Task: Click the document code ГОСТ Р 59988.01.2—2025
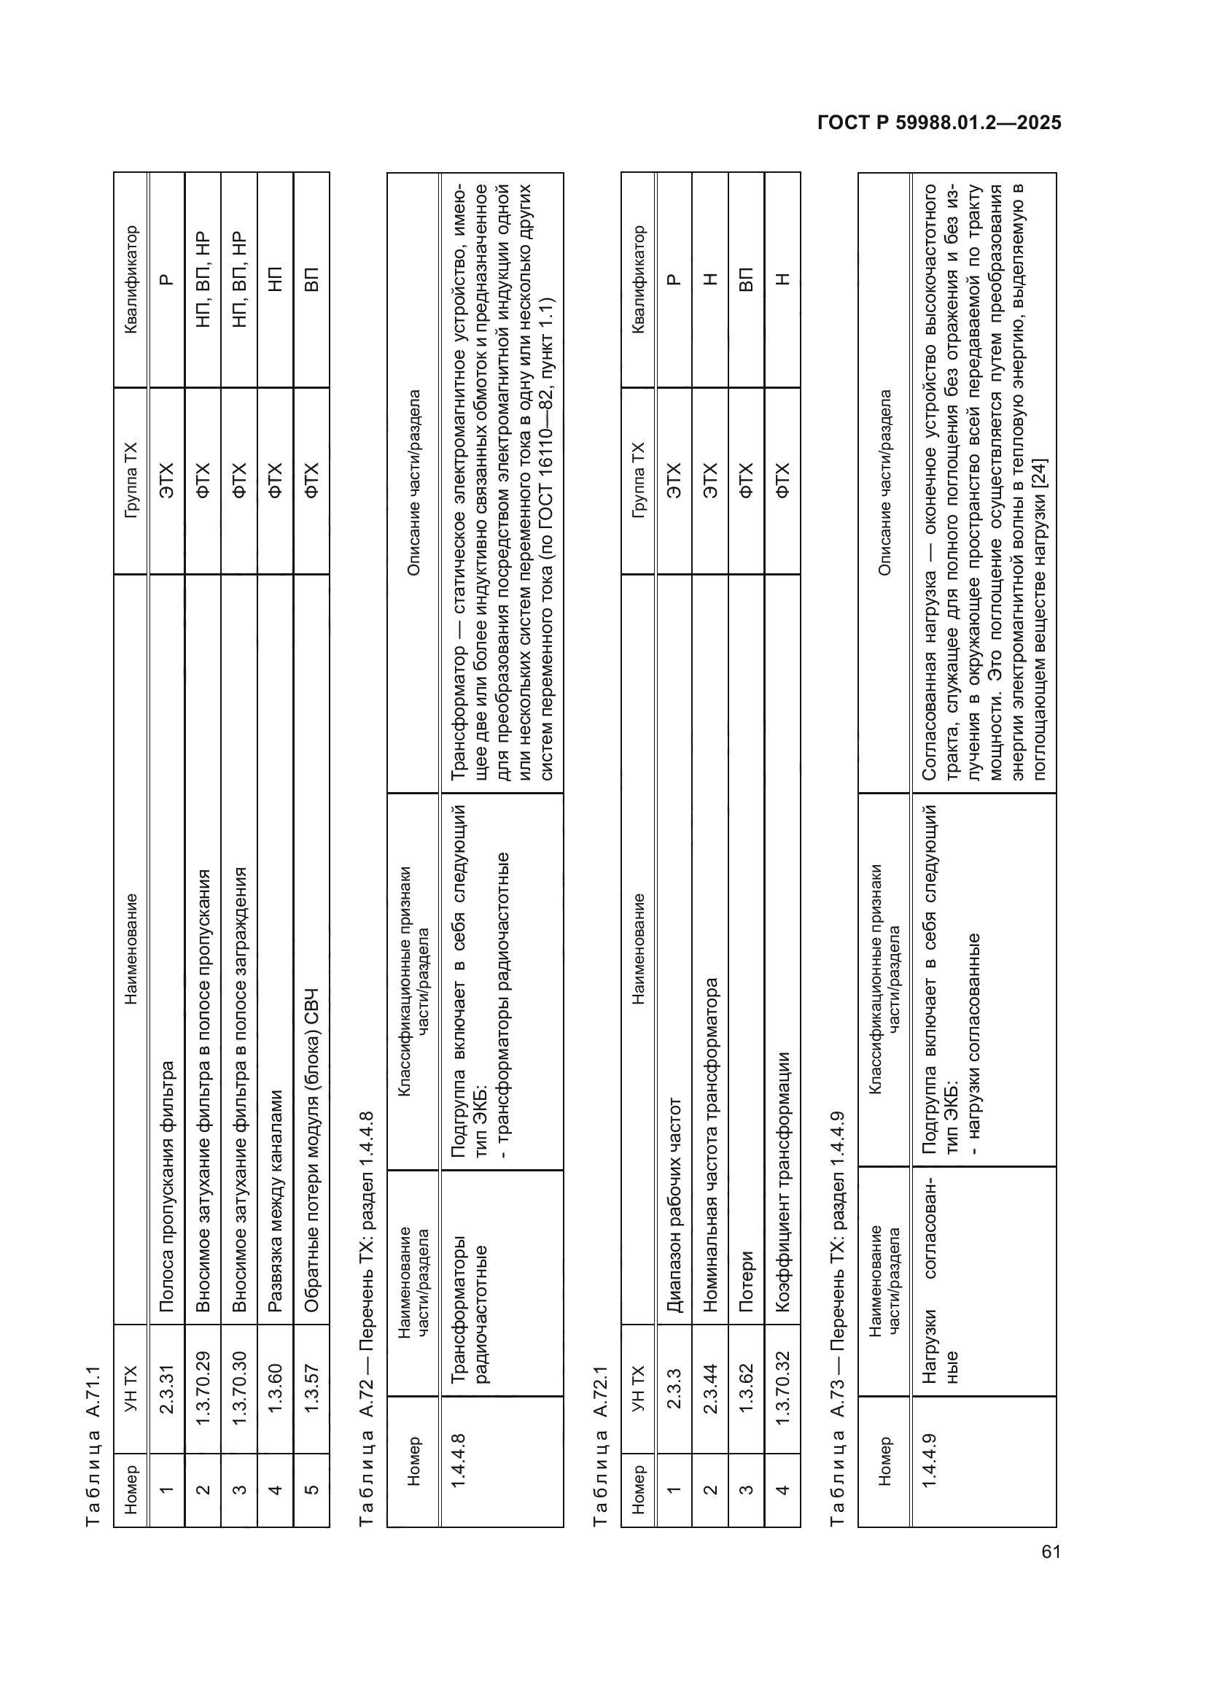point(938,123)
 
